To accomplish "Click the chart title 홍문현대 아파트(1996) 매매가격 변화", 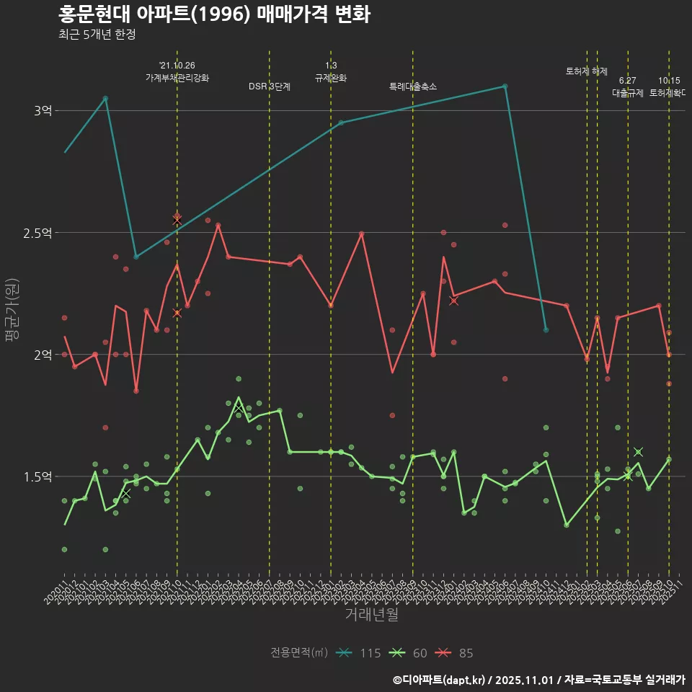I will (x=214, y=14).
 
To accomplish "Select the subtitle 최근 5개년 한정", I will (x=97, y=34).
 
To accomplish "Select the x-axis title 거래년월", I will (x=371, y=615).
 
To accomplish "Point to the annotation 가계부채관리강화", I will (x=177, y=78).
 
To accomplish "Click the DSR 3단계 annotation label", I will (x=270, y=86).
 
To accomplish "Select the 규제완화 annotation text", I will (x=331, y=78).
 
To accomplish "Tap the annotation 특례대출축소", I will (x=413, y=86).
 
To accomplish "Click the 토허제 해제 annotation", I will (x=587, y=71).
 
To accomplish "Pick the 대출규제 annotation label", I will (x=628, y=93).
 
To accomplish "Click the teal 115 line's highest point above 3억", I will (x=505, y=86).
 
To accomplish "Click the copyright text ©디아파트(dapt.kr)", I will (x=439, y=679).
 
